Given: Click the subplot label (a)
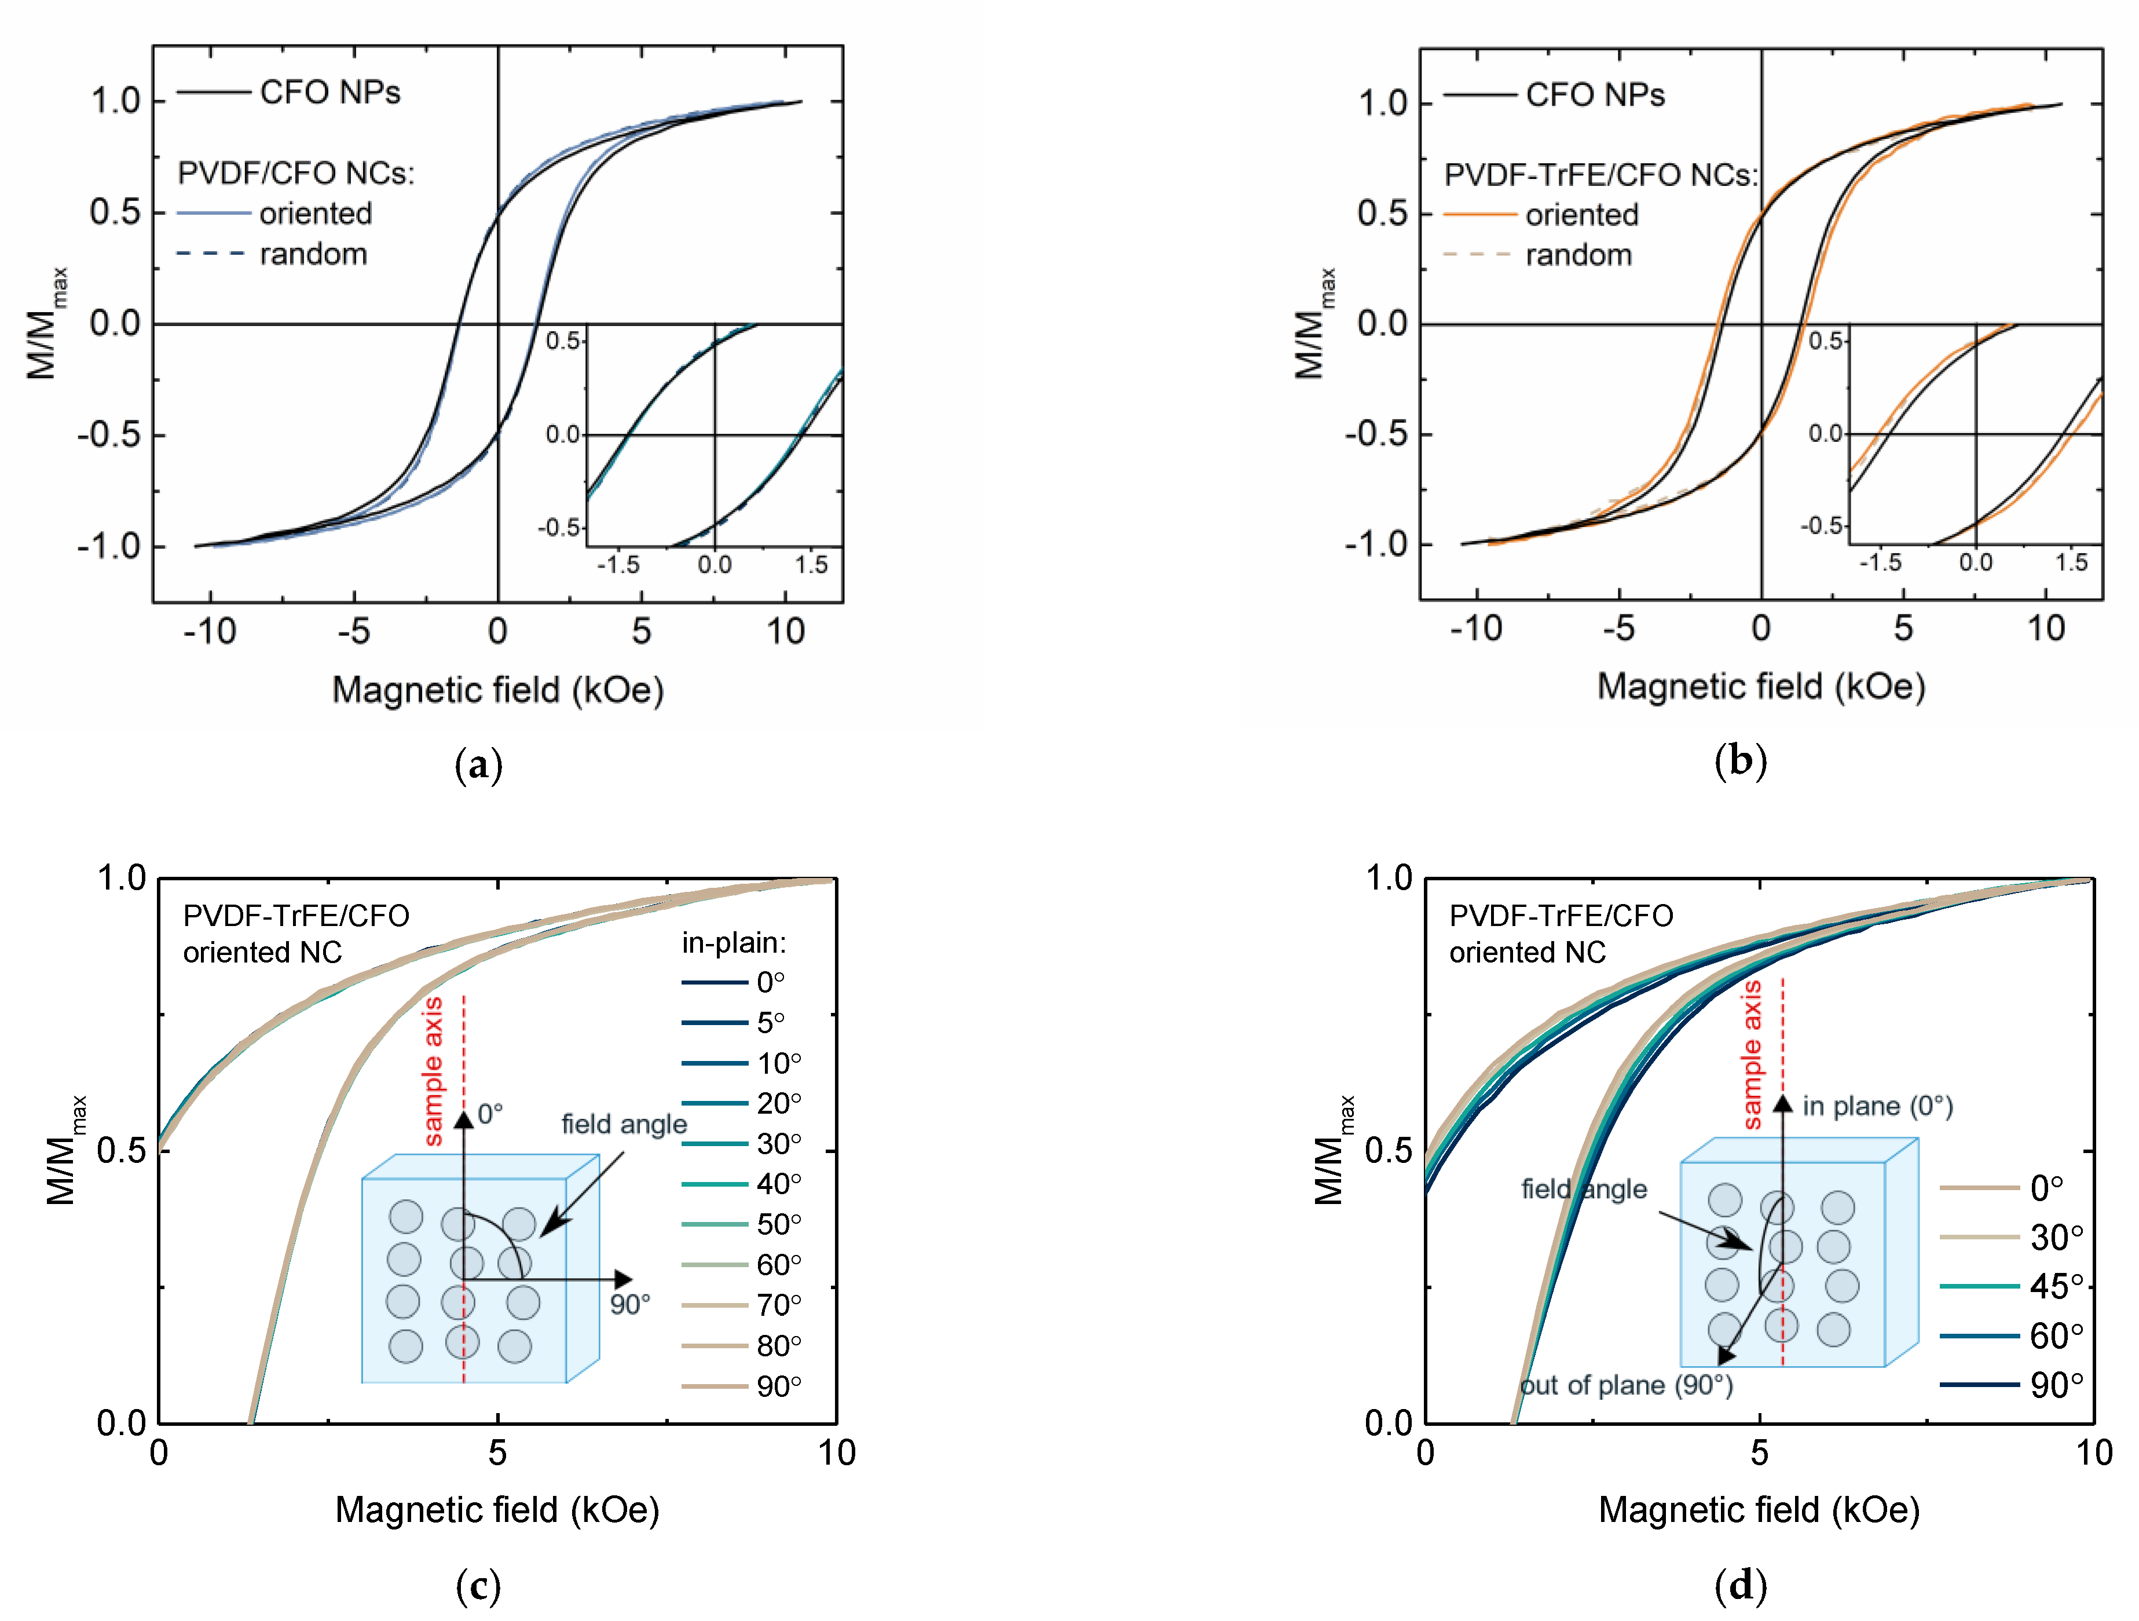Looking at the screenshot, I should (478, 765).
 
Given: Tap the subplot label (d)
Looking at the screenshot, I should (1739, 1585).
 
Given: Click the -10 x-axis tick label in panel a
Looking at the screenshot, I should (210, 632).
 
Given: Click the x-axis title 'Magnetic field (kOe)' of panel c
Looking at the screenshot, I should (497, 1510).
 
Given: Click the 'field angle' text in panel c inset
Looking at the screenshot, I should (624, 1124).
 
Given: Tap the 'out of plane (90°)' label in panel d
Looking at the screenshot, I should (1627, 1385).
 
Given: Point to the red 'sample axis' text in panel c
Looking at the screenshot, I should (434, 1071).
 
